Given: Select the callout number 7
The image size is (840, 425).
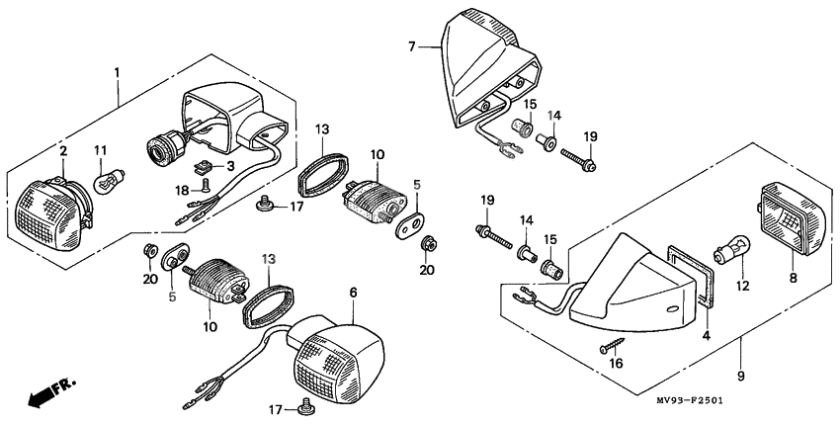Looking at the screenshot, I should [x=411, y=45].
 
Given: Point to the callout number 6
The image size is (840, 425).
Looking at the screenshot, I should [x=352, y=294].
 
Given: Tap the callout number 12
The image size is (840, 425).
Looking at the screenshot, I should [x=742, y=286].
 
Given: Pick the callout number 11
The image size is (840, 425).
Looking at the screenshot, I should [x=100, y=150].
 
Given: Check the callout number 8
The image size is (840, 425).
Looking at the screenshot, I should [x=792, y=280].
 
